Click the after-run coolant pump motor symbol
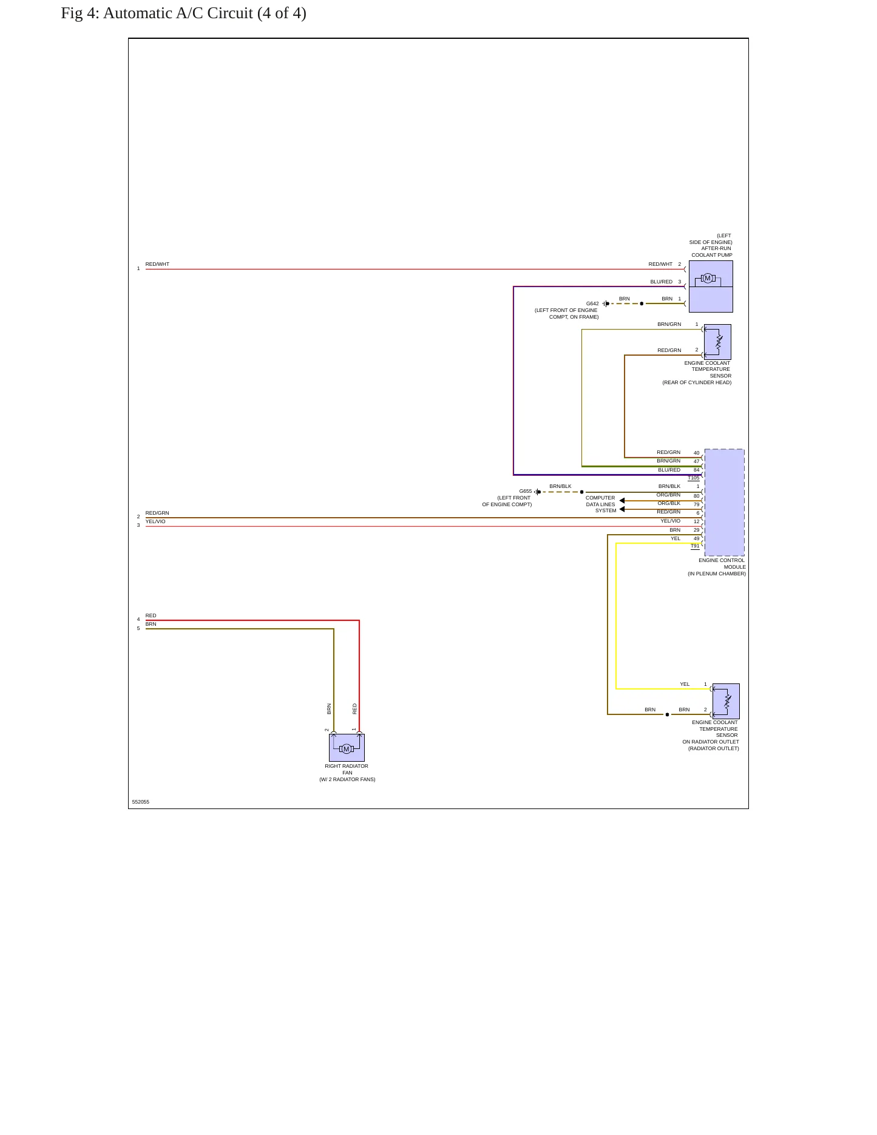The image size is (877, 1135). click(x=707, y=279)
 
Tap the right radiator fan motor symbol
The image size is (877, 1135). click(x=347, y=749)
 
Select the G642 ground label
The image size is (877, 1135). click(x=592, y=303)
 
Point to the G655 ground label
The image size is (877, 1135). click(x=526, y=492)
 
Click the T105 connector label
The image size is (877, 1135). click(x=694, y=478)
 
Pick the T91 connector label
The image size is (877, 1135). click(x=695, y=546)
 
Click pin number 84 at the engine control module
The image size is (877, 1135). click(x=697, y=470)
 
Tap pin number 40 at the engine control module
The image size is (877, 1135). click(x=697, y=453)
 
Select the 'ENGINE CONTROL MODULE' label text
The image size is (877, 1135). click(x=722, y=564)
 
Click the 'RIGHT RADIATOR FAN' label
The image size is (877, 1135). click(x=347, y=770)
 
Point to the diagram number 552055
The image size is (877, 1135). click(x=141, y=802)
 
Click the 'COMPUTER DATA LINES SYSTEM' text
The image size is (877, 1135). click(x=601, y=504)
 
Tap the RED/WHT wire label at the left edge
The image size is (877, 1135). click(x=157, y=265)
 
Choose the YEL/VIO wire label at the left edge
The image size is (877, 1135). click(x=155, y=522)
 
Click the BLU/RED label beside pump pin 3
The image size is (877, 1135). click(x=662, y=282)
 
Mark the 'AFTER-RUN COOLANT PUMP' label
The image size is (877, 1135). click(x=712, y=252)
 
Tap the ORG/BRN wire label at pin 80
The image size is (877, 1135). click(x=669, y=495)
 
